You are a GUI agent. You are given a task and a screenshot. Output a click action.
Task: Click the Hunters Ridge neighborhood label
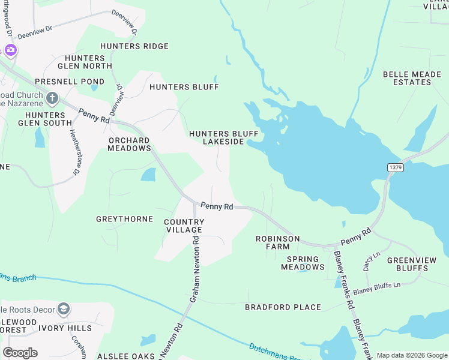(x=134, y=46)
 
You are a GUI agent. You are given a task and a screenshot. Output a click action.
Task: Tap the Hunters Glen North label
(x=85, y=62)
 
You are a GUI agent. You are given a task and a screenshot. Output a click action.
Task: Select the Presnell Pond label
(x=70, y=82)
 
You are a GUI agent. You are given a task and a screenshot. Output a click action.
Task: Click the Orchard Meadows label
(x=129, y=144)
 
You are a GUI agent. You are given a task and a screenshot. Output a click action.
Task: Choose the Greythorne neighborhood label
(x=124, y=219)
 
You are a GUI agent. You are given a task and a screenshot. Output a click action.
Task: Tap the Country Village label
(x=184, y=226)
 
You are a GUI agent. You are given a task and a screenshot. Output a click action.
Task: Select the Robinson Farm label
(x=277, y=242)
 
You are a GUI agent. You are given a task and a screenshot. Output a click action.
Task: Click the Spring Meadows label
(x=303, y=263)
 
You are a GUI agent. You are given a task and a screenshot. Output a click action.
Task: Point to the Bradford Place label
(x=283, y=307)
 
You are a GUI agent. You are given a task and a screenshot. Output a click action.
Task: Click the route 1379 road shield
(x=394, y=167)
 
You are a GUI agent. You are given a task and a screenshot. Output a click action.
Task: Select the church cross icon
(x=52, y=98)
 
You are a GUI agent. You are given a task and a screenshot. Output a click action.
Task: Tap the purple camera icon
(x=10, y=49)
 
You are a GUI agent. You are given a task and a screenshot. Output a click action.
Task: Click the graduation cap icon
(x=63, y=309)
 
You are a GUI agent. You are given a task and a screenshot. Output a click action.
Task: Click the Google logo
(x=20, y=352)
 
